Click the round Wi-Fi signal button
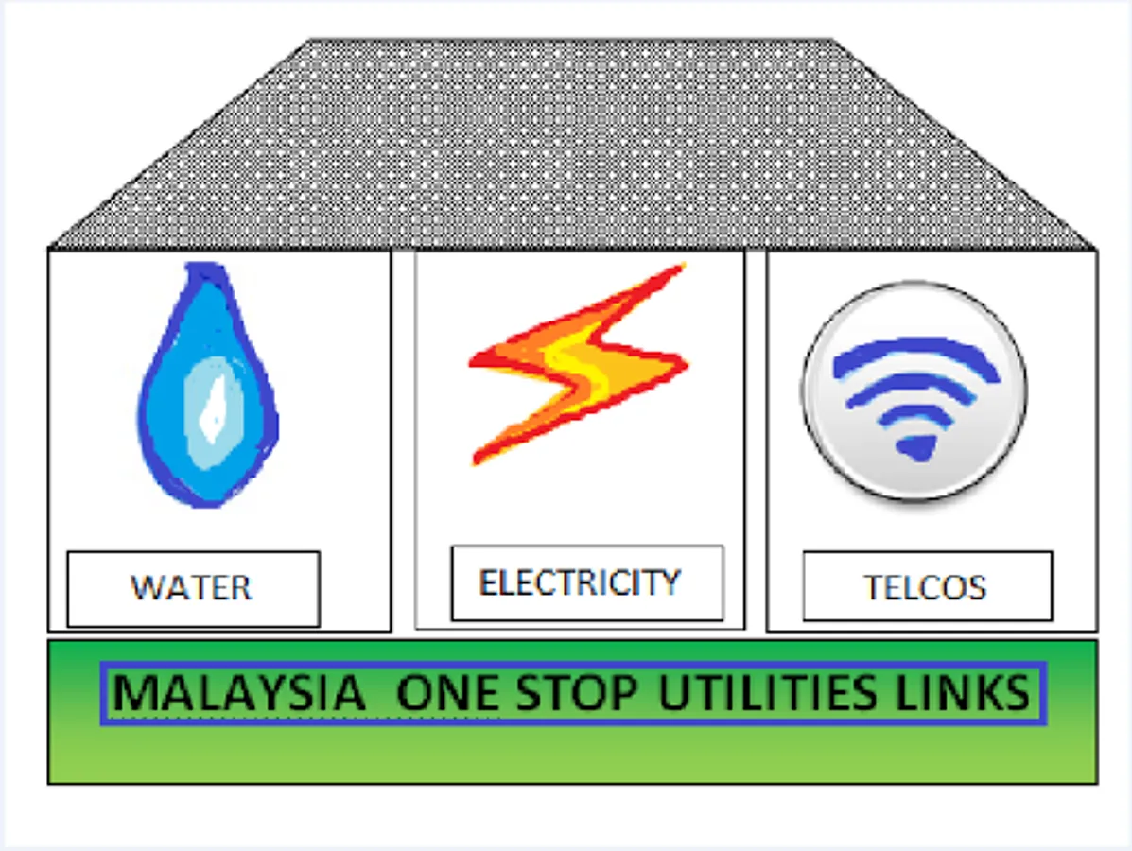(914, 391)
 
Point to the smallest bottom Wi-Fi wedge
(915, 446)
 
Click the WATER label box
(193, 588)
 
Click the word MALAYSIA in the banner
(238, 694)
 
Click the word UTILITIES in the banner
(767, 694)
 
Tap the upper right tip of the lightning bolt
(679, 269)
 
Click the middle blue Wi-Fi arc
(914, 391)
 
